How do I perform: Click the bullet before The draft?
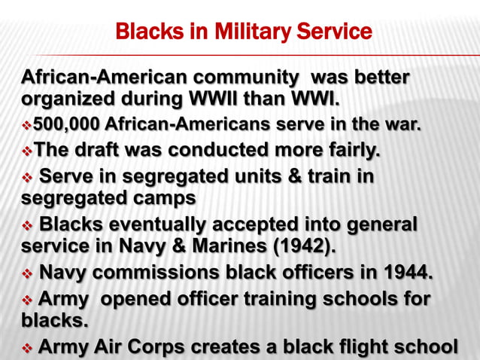28,150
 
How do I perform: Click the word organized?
70,99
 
